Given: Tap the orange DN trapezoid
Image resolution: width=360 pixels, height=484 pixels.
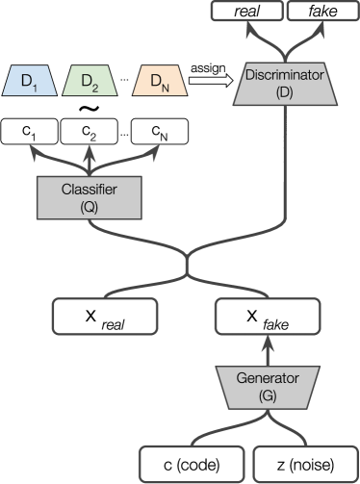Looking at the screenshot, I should pyautogui.click(x=160, y=83).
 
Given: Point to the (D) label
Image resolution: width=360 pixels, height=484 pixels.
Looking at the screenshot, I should pyautogui.click(x=283, y=92).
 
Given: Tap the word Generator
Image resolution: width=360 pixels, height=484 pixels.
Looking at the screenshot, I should pyautogui.click(x=269, y=377).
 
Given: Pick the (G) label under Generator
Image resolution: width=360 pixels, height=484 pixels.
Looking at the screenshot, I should pyautogui.click(x=269, y=395).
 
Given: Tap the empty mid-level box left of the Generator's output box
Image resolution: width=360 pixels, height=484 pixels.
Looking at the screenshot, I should pyautogui.click(x=104, y=316).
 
